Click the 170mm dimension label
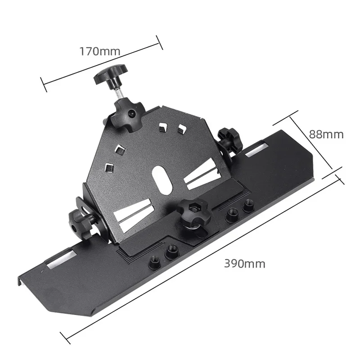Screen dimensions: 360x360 coord(100,51)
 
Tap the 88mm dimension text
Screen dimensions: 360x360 coord(326,134)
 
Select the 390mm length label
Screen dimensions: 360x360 coord(245,264)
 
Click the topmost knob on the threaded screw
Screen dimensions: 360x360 coord(110,75)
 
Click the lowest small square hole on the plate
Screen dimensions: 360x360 coord(108,167)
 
